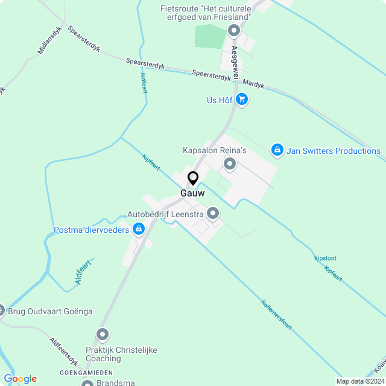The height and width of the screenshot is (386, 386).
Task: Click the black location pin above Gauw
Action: tap(193, 179)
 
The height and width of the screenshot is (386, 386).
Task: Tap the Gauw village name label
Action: tap(192, 194)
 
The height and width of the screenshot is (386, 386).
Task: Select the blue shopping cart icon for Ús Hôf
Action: tap(242, 100)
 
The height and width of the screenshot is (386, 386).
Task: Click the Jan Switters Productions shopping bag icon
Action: tap(277, 149)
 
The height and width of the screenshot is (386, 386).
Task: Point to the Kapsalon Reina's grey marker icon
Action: tap(230, 163)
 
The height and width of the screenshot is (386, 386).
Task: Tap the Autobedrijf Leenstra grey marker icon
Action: tap(213, 213)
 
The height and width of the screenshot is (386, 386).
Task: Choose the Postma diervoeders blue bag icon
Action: tap(139, 229)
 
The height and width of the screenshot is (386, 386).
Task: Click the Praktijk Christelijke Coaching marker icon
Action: tap(103, 334)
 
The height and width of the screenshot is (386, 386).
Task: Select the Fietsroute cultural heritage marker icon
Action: tap(236, 29)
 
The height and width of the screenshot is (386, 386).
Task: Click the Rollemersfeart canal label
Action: tap(277, 314)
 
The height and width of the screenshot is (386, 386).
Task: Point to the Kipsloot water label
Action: tap(325, 258)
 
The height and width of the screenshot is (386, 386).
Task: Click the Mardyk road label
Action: tap(255, 84)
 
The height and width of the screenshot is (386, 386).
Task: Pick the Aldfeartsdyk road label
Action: tap(64, 351)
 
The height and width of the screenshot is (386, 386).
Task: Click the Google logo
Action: tap(20, 379)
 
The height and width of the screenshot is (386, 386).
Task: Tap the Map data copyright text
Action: tap(360, 381)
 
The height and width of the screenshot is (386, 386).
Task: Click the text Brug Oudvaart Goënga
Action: tap(50, 311)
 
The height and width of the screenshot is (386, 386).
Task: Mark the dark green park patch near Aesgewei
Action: tap(209, 36)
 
